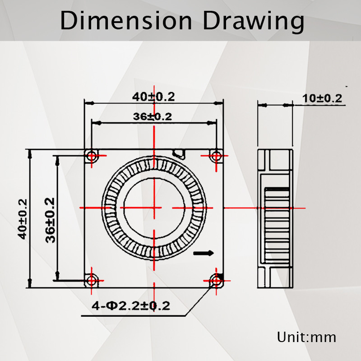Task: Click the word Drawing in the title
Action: (253, 21)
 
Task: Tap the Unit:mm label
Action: (307, 337)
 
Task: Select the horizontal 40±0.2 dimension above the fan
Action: (153, 96)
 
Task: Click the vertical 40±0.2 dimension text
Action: (23, 219)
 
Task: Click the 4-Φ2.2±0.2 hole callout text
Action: (131, 306)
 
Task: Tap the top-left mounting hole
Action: (93, 156)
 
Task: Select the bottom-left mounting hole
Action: (93, 280)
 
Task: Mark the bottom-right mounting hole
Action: (217, 281)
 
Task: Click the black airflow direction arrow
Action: (204, 254)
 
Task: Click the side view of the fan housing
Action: (275, 218)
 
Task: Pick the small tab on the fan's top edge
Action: (180, 153)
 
